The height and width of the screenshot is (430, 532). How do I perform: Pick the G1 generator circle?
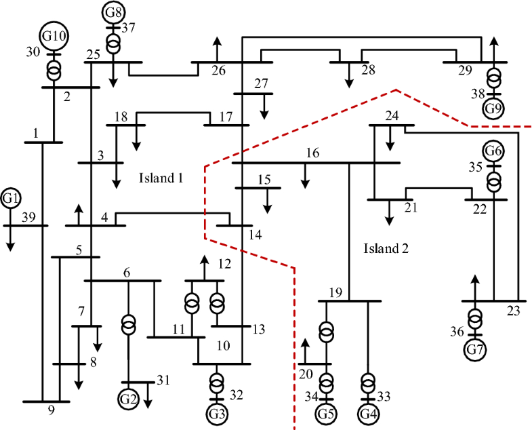[11, 198]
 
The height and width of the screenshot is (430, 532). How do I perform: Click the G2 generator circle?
[128, 398]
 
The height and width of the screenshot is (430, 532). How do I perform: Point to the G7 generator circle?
[476, 349]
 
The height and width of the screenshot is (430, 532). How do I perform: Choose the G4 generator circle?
[368, 412]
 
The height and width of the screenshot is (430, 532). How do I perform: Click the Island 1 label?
[161, 178]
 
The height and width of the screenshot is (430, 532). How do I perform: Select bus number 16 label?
[312, 153]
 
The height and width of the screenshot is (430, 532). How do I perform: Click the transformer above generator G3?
[216, 382]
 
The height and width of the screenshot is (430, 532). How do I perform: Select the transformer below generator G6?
[494, 182]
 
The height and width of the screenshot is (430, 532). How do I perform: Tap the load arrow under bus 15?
[268, 202]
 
